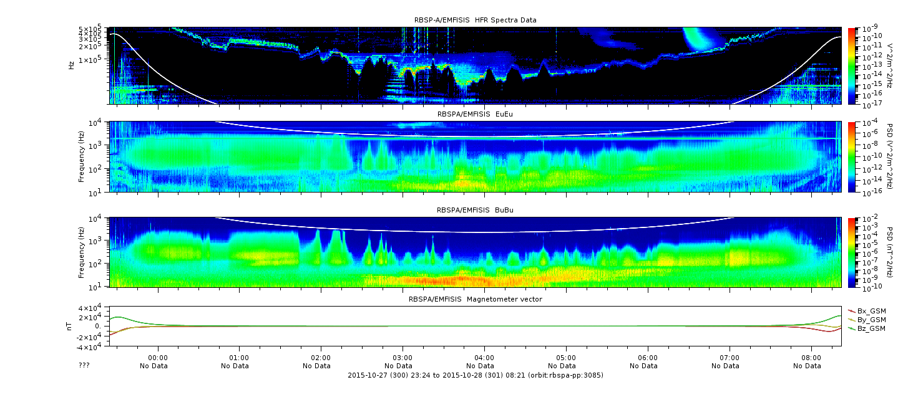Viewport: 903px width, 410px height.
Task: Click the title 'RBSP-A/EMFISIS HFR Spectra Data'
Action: [x=475, y=20]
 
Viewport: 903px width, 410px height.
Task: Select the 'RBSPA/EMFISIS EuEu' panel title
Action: [x=475, y=113]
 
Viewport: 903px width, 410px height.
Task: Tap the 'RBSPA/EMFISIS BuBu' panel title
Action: [x=475, y=210]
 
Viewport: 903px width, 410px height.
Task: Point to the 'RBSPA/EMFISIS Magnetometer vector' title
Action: [x=475, y=299]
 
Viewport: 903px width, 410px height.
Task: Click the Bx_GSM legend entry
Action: [x=871, y=311]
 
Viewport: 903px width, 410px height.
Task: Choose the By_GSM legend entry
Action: [x=871, y=320]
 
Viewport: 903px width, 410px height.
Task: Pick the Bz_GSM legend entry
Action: [x=871, y=328]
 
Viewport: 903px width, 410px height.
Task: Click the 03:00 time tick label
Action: [x=403, y=358]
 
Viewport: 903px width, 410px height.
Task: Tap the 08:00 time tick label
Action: [x=811, y=358]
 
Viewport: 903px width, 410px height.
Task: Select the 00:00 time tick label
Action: [x=158, y=358]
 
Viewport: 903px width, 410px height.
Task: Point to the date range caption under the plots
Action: [x=475, y=375]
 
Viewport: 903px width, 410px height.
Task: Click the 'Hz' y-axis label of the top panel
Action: [x=72, y=65]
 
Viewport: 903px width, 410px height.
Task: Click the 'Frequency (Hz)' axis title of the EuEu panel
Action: [x=82, y=158]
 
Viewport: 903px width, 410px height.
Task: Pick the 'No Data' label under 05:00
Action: [x=566, y=366]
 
